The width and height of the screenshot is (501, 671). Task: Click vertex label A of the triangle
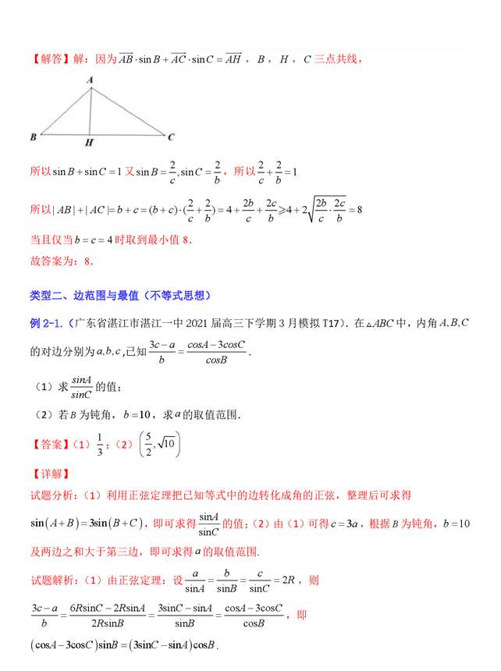coord(91,79)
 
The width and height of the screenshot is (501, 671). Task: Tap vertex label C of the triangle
coord(171,137)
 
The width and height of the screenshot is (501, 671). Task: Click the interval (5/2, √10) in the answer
coord(159,444)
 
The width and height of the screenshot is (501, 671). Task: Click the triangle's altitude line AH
coord(91,109)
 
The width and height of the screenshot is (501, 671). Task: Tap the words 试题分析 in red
coord(54,495)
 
